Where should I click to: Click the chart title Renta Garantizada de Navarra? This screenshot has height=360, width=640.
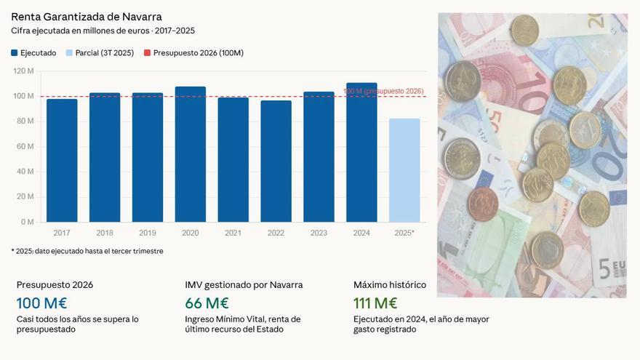(x=87, y=17)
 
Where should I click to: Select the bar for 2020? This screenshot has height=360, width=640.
(x=191, y=154)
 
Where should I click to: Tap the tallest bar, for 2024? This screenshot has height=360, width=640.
(x=361, y=153)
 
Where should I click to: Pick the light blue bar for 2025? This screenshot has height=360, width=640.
(x=404, y=170)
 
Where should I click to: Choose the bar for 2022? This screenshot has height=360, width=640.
(x=276, y=161)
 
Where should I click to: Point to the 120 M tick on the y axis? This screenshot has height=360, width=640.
(x=24, y=71)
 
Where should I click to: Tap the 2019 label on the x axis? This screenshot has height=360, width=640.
(x=148, y=233)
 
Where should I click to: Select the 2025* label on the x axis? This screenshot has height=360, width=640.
(x=404, y=233)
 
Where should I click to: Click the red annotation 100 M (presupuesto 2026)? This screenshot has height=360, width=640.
(x=383, y=91)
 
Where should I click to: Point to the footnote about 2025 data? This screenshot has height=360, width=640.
(x=87, y=251)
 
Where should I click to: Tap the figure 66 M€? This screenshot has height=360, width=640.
(x=207, y=303)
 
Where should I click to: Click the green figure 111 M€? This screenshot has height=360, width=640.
(x=375, y=303)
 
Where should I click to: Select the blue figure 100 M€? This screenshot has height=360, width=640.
(x=41, y=303)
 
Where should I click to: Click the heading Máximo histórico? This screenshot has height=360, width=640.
(x=390, y=284)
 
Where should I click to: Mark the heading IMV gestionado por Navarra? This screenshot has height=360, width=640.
(x=244, y=284)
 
